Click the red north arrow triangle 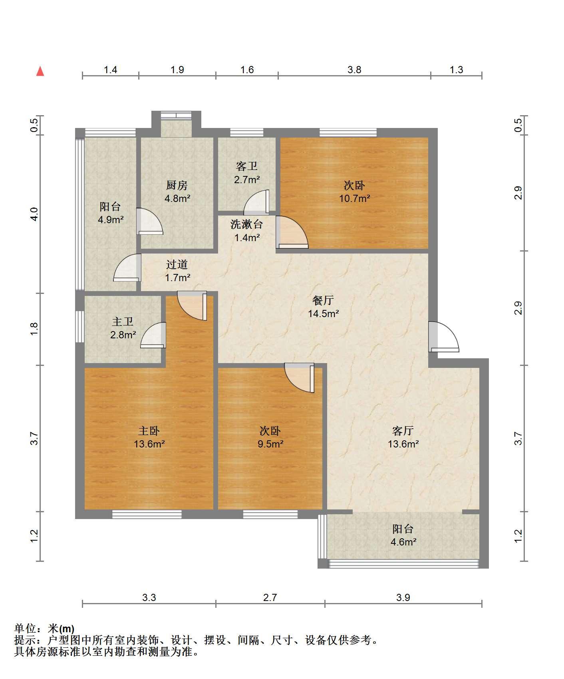(x=40, y=71)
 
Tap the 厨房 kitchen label (x=177, y=185)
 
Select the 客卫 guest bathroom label (x=247, y=166)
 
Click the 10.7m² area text (x=355, y=198)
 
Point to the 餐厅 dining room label (x=323, y=300)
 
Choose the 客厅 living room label (x=403, y=431)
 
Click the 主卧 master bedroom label (x=149, y=431)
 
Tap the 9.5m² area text (x=270, y=444)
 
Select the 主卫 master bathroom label (x=123, y=322)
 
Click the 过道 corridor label (x=177, y=264)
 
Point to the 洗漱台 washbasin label (x=247, y=224)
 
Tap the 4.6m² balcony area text (x=403, y=542)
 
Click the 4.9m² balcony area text (x=111, y=220)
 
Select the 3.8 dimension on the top (x=354, y=70)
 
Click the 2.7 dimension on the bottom (x=270, y=598)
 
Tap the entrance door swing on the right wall (x=443, y=337)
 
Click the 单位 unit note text (x=44, y=629)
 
